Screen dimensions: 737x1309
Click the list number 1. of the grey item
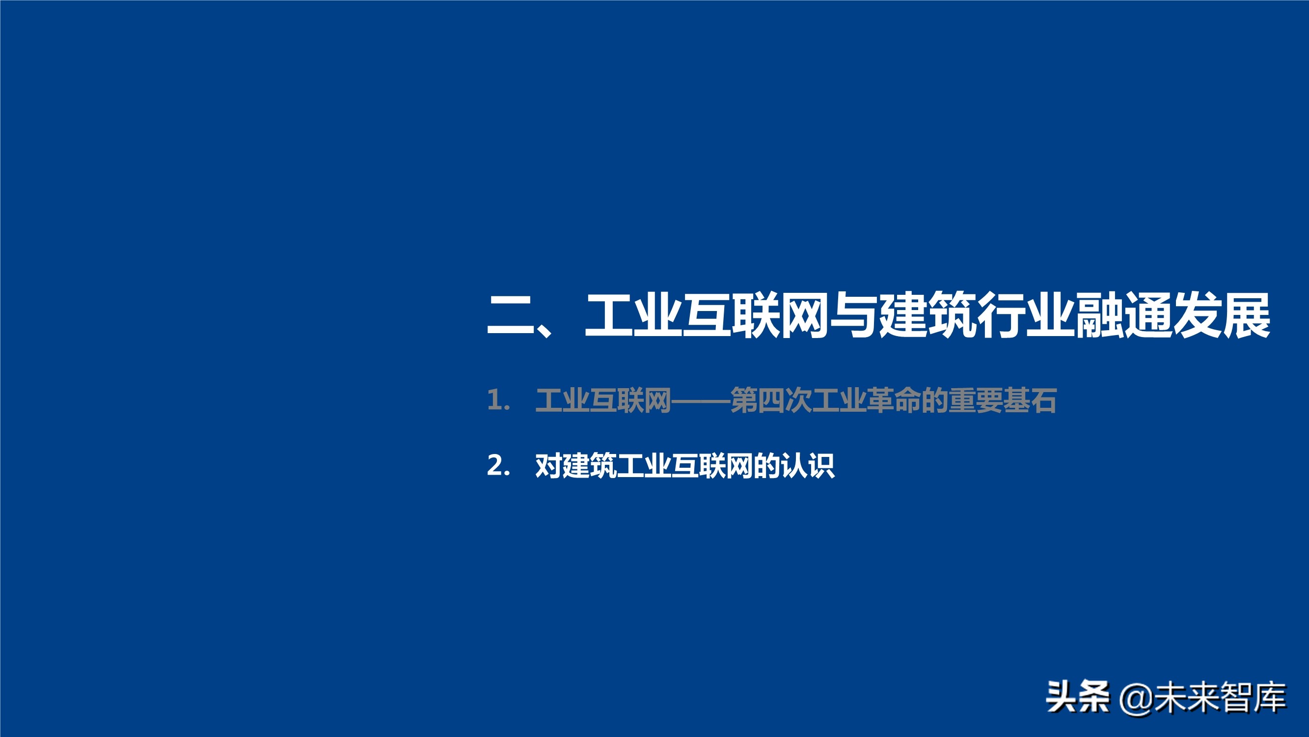[498, 400]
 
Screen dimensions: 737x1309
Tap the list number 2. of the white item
[498, 465]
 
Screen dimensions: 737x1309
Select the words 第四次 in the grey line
[770, 400]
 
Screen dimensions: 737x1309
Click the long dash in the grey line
[701, 401]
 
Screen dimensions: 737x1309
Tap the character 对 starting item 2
[549, 465]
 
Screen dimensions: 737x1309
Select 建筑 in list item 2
[590, 465]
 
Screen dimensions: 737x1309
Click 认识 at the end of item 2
[807, 465]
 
